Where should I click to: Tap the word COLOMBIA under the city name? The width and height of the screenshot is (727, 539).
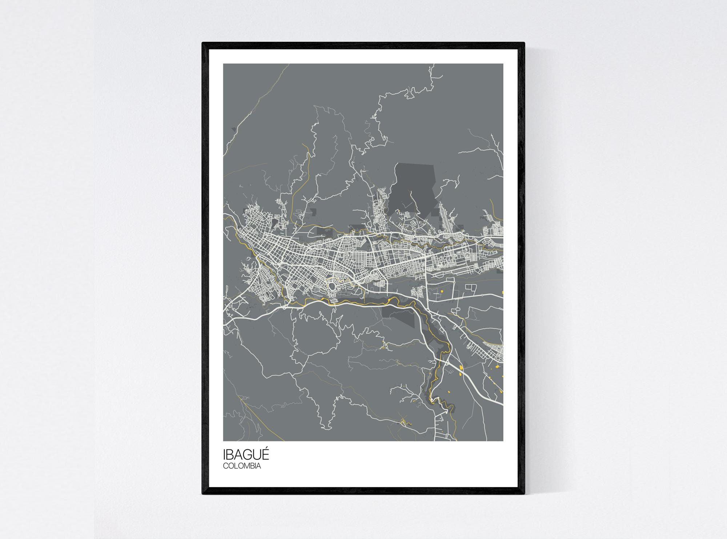tap(242, 466)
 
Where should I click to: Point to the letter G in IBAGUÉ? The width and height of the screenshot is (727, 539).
tap(247, 456)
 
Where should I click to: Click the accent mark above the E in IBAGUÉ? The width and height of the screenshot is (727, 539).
tap(266, 450)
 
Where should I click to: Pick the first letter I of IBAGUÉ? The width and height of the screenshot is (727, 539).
tap(224, 456)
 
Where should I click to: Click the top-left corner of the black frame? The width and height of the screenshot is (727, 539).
tap(203, 43)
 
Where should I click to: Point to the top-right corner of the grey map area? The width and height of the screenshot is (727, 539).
tap(503, 64)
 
